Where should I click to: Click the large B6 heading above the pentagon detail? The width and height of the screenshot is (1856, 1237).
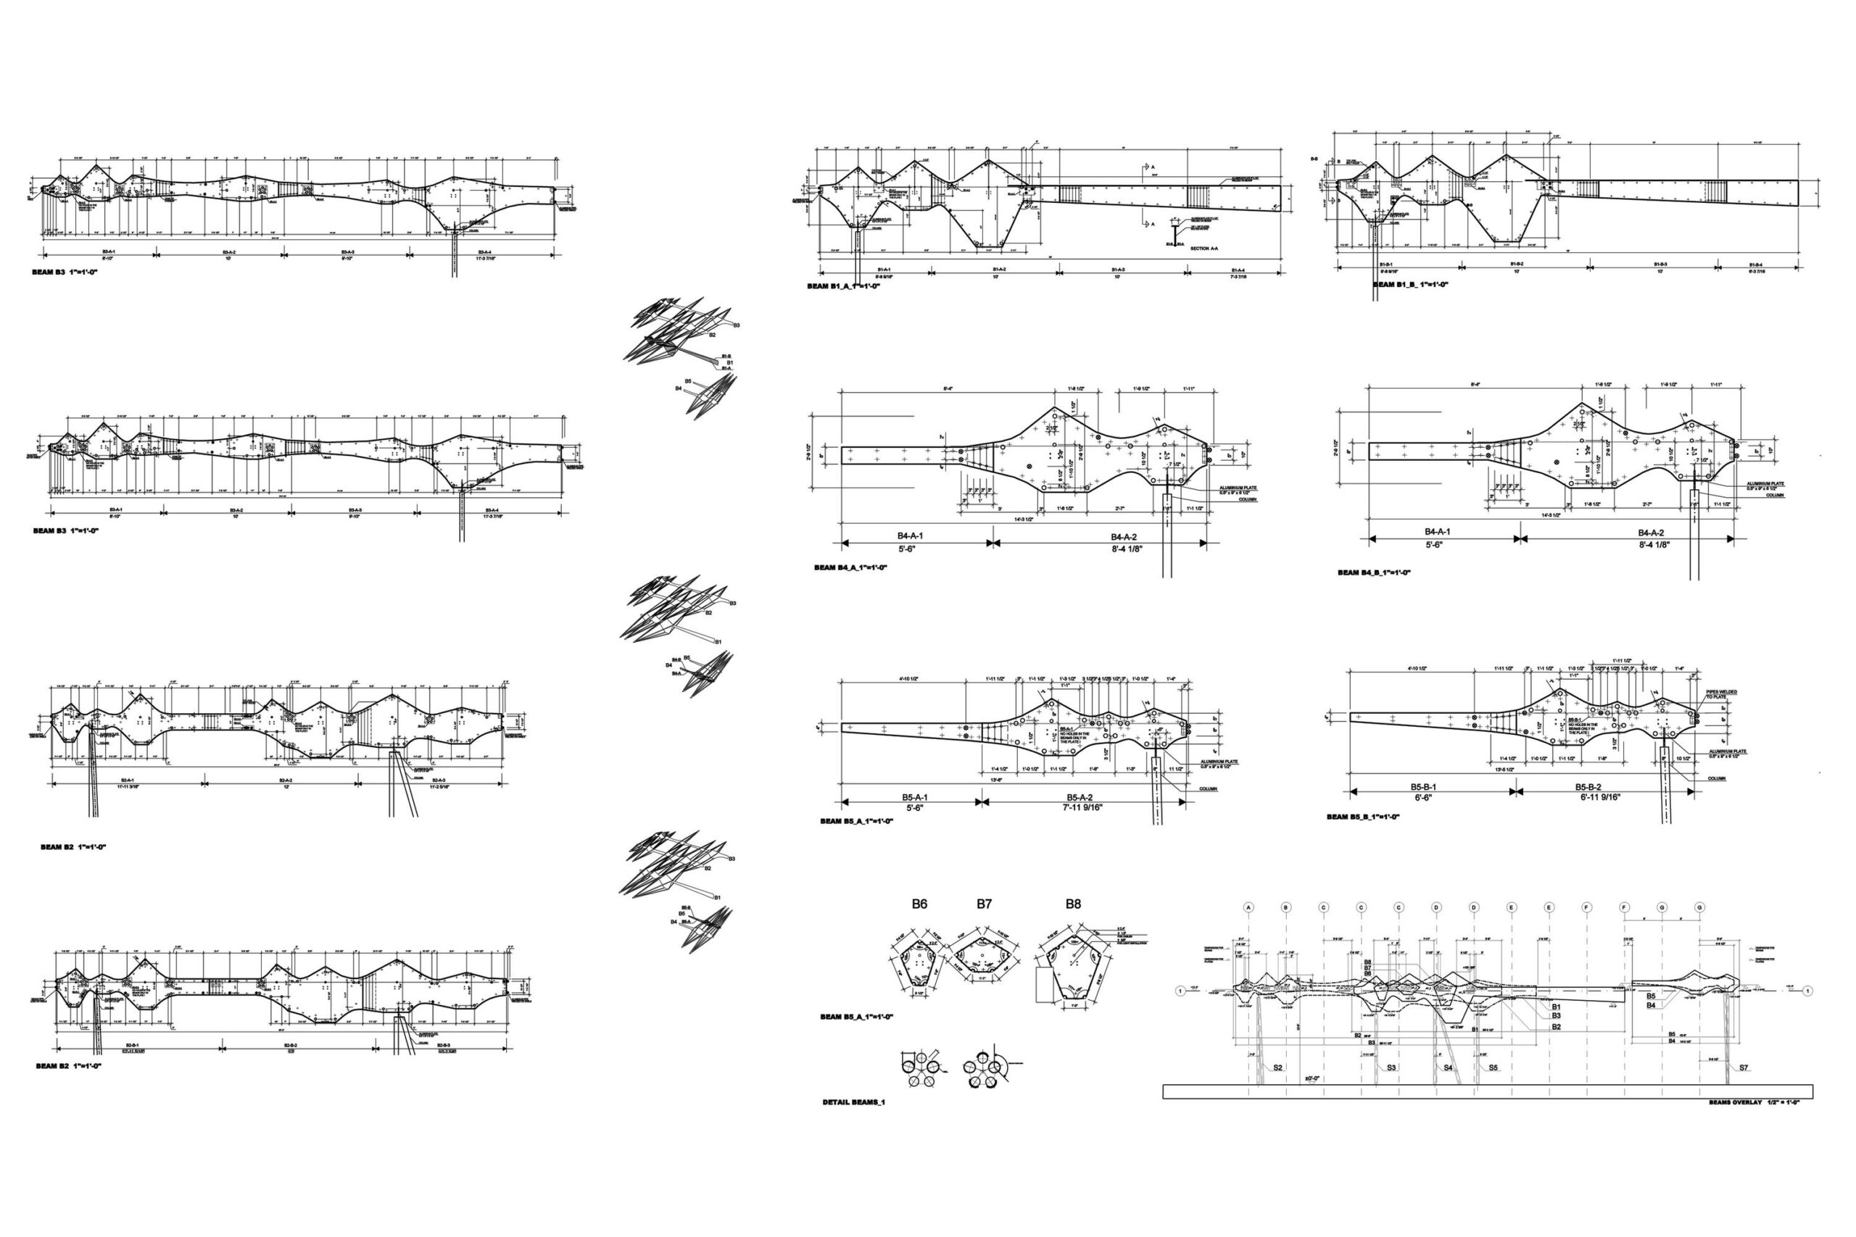coord(919,904)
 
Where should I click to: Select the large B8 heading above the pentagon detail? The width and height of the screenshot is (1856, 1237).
coord(1073,904)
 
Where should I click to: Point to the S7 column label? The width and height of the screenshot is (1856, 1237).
coord(1743,1068)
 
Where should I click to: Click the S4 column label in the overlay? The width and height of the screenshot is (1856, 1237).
coord(1448,1068)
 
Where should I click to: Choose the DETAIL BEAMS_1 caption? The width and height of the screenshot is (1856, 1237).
coord(854,1102)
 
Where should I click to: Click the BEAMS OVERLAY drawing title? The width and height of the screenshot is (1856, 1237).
coord(1757,1102)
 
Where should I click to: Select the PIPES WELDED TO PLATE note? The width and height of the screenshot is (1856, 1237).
coord(1721,695)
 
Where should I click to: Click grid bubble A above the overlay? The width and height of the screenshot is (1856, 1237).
coord(1249,908)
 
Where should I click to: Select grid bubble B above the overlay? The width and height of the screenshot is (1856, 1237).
coord(1286,908)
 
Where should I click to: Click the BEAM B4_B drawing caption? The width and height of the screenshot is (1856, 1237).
coord(1374,572)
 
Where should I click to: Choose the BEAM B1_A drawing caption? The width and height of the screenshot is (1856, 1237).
coord(842,286)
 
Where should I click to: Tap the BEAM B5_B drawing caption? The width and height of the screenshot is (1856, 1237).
coord(1363,817)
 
